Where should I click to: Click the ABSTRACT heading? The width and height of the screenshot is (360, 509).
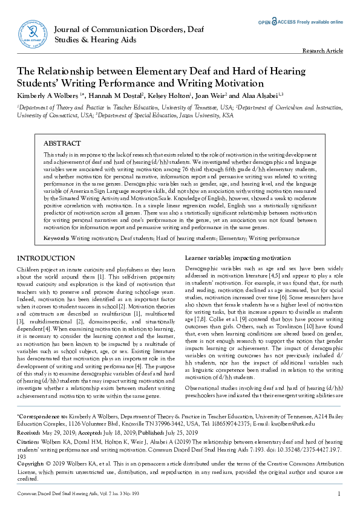coord(62,143)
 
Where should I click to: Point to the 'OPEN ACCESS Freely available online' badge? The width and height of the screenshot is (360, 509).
coord(301,22)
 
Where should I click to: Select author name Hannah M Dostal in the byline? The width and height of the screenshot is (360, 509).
coord(118,96)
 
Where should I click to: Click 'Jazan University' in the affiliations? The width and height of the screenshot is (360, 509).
coord(202,114)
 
